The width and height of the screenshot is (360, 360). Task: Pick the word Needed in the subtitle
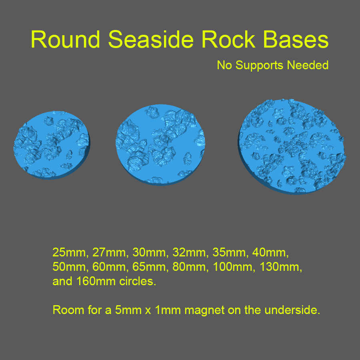308,65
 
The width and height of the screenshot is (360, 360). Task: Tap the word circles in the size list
136,281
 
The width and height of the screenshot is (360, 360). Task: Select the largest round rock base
292,146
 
